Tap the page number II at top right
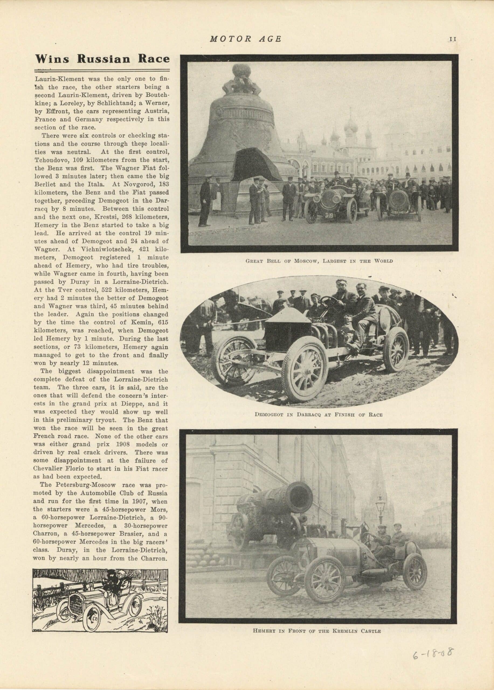(x=453, y=39)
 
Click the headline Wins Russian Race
(x=102, y=58)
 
